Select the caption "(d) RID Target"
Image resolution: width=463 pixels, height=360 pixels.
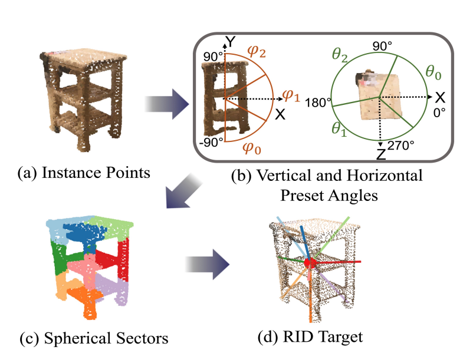(x=311, y=338)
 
